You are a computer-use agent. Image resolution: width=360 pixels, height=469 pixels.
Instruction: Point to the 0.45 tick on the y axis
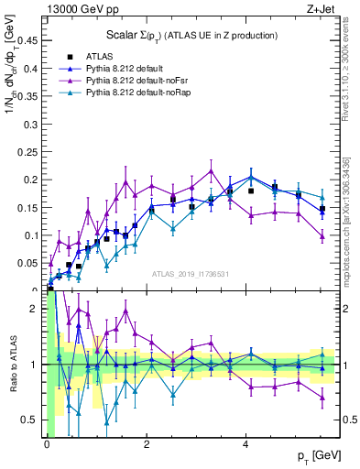(x=29, y=39)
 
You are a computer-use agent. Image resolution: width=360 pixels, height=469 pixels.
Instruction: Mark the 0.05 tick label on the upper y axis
(x=29, y=264)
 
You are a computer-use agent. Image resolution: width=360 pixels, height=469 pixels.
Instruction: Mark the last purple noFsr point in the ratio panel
(x=322, y=397)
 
